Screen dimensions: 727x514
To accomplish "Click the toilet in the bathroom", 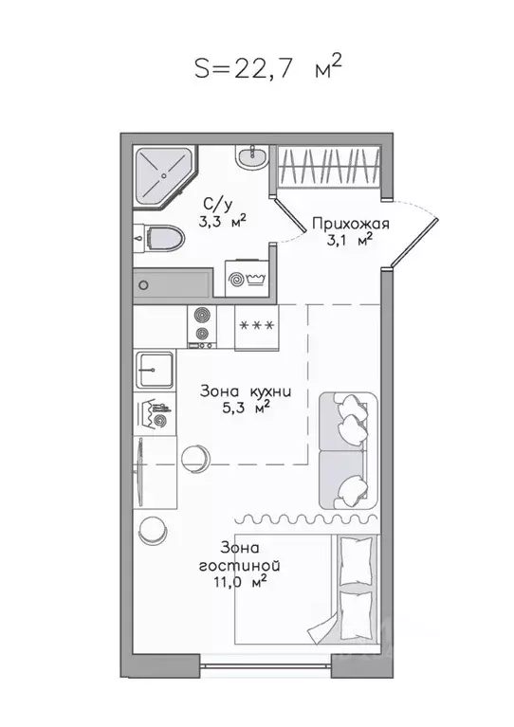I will coord(158,237).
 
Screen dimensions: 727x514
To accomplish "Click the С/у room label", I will coord(218,204).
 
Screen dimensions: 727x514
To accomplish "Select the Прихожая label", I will coord(351,224).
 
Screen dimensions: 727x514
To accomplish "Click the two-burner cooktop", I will coord(201,325).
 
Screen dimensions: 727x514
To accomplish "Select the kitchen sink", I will coord(156,368).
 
